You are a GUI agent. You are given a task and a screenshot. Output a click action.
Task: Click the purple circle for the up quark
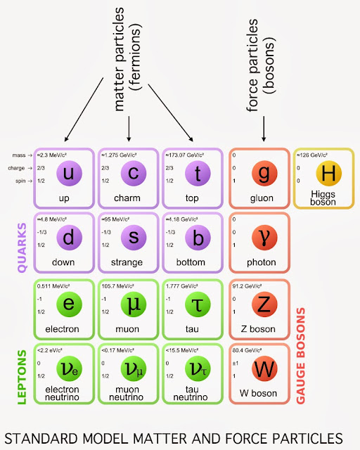click(x=68, y=173)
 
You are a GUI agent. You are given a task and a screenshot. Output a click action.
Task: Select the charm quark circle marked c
click(x=133, y=173)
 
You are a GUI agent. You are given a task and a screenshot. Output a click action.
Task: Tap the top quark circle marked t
click(x=198, y=173)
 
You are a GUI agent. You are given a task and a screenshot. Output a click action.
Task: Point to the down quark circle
click(x=68, y=238)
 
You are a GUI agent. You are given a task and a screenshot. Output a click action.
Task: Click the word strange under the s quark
click(x=133, y=263)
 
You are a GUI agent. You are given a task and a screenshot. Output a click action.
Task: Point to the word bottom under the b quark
click(x=198, y=263)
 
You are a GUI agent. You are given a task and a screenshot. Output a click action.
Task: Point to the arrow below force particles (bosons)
click(x=264, y=130)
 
